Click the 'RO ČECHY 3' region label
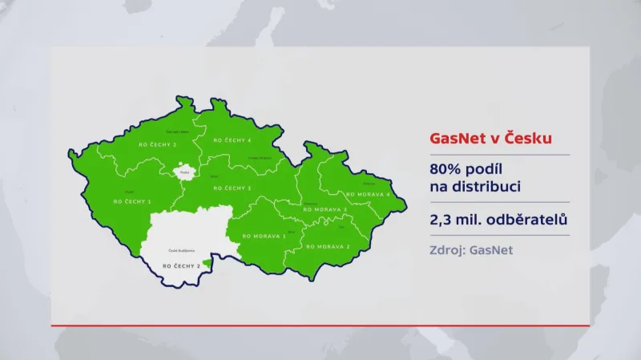click(x=233, y=188)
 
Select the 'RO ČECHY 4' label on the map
click(x=232, y=140)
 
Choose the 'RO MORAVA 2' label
click(x=328, y=247)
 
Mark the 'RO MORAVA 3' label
click(x=325, y=209)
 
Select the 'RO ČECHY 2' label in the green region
click(x=157, y=144)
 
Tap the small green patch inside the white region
click(x=207, y=262)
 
